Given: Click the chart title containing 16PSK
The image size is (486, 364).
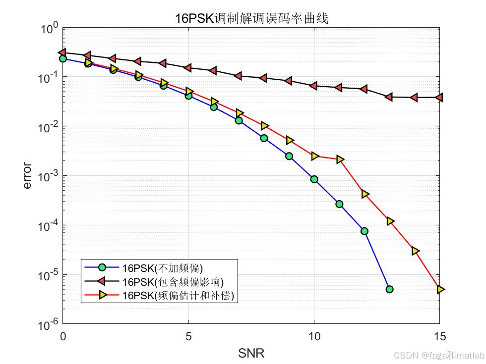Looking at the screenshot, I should tap(251, 18).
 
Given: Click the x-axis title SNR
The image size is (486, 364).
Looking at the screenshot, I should tap(251, 353).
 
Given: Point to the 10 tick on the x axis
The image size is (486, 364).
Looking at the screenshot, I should tap(314, 337).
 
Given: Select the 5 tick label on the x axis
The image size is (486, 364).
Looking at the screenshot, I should tap(188, 337).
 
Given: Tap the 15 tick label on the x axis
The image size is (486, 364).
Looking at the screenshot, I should tap(439, 337).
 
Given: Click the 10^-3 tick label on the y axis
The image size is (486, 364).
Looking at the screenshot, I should tap(49, 176).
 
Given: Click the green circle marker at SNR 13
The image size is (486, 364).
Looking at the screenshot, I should tap(389, 289).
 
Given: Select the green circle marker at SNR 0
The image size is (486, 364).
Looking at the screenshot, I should tap(63, 58).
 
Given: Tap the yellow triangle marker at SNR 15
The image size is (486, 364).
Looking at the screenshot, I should tap(440, 289).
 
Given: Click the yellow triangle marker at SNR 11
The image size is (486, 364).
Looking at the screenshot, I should tap(340, 159).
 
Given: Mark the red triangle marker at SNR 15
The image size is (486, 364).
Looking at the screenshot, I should tap(439, 98).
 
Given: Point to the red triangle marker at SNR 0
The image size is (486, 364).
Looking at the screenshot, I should tap(63, 52).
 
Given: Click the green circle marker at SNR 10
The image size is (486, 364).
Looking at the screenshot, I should tap(314, 179).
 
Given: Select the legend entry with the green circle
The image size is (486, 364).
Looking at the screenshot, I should tap(159, 267).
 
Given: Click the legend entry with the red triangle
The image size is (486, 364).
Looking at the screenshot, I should tap(159, 281).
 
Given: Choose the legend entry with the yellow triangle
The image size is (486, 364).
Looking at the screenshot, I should tap(159, 295).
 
